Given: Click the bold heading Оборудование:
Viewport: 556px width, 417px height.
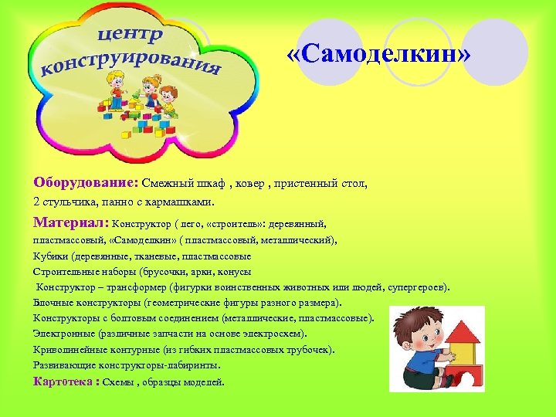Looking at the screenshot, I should (85, 184).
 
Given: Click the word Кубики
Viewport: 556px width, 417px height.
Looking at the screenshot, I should (49, 256).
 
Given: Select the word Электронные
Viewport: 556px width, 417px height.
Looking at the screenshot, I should (64, 334).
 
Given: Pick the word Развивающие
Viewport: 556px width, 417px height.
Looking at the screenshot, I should (66, 365).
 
